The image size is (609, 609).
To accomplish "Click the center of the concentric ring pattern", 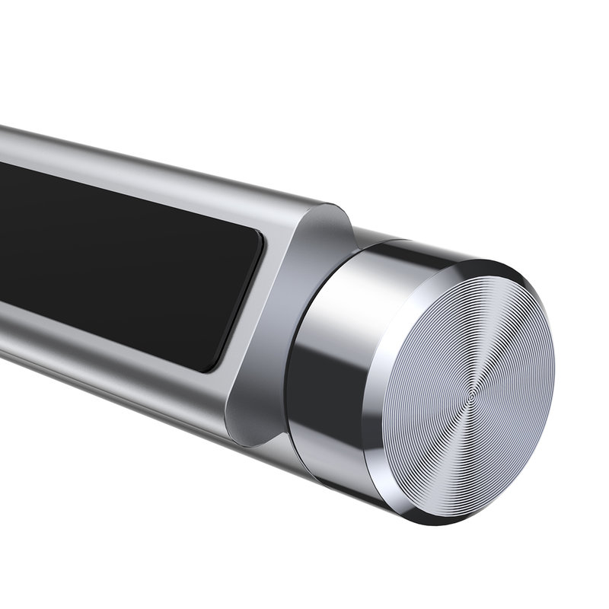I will point(471,396).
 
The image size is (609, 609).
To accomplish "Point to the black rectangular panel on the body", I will point(114,259).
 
